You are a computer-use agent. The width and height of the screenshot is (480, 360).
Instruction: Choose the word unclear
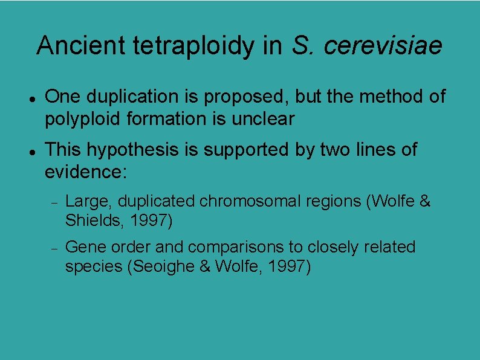pyautogui.click(x=263, y=119)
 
